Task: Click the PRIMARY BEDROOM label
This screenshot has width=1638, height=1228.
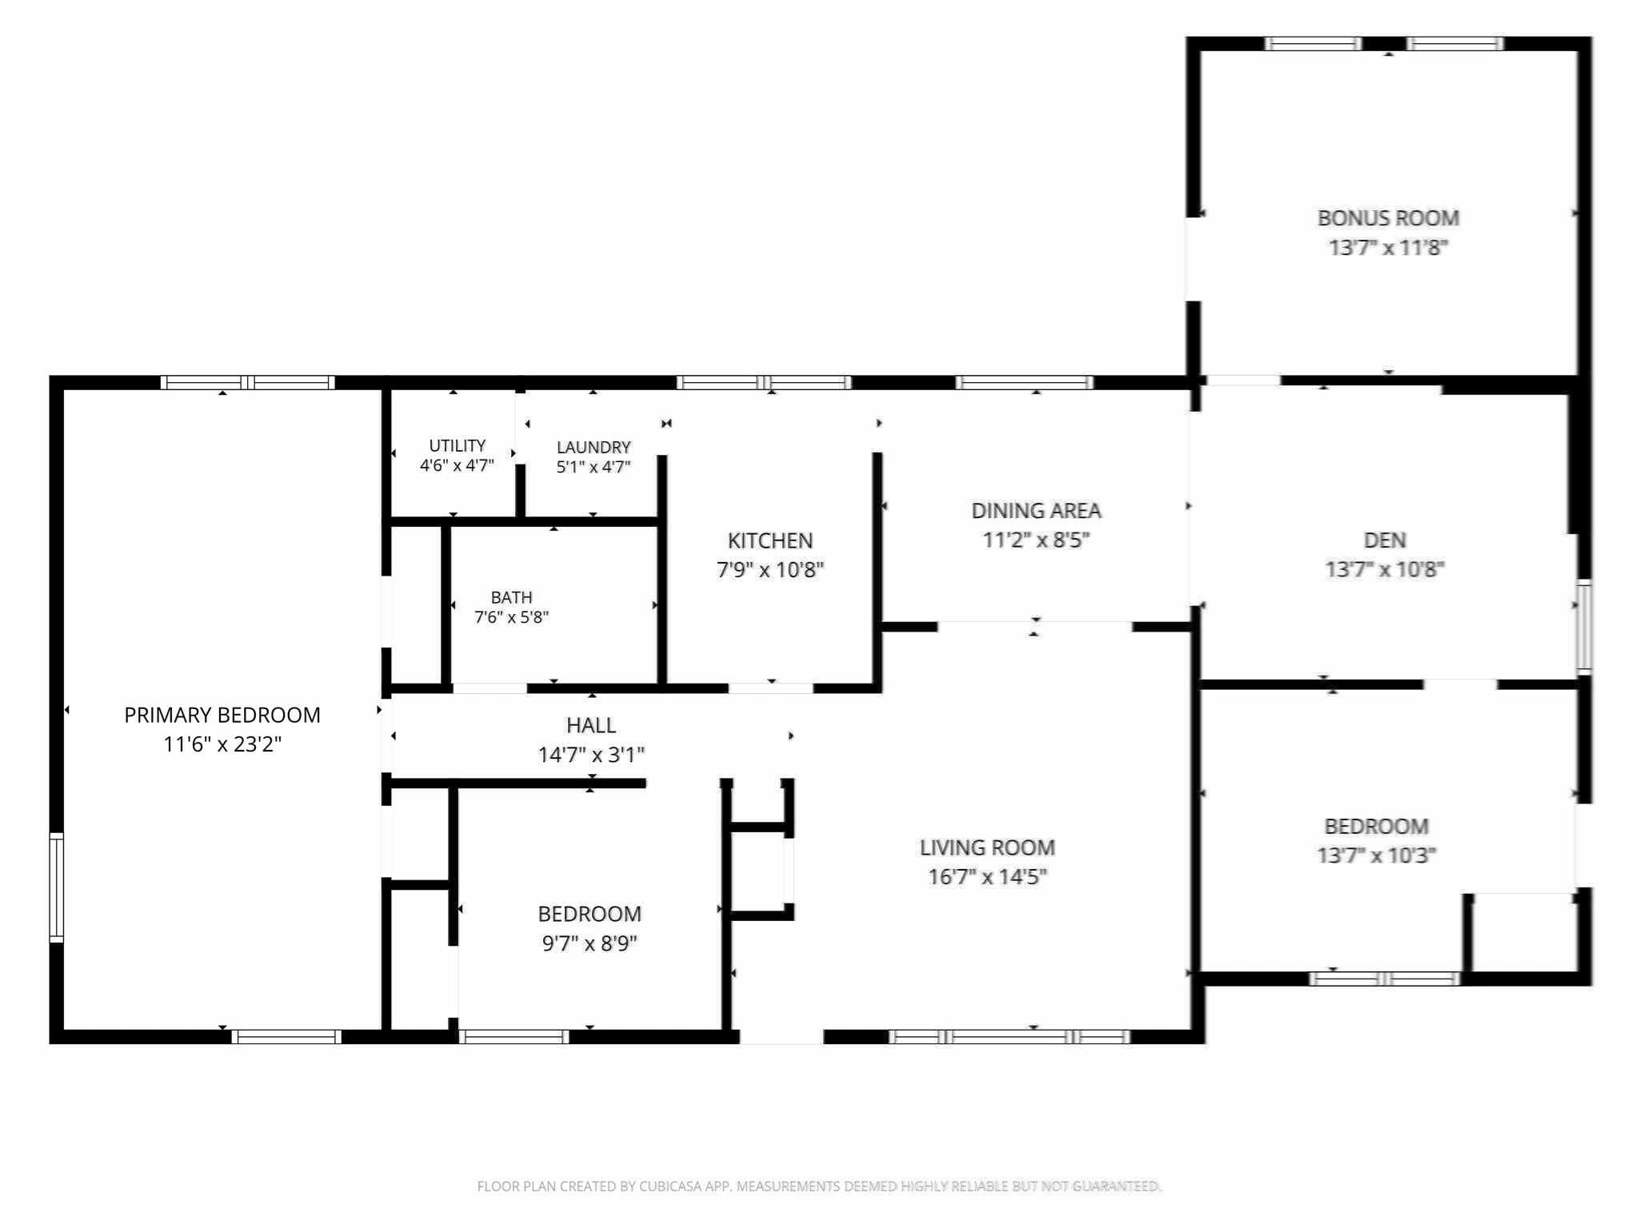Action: point(222,715)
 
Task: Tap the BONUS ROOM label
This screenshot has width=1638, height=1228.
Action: point(1388,218)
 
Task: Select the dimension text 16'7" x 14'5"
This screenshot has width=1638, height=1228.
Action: point(987,877)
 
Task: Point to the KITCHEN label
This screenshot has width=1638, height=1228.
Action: point(770,541)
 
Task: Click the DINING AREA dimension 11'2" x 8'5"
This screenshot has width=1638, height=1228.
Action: point(1036,540)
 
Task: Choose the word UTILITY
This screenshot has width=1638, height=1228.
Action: point(457,446)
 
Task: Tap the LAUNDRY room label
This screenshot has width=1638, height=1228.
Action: point(593,448)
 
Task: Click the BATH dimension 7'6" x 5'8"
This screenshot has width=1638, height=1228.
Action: point(512,617)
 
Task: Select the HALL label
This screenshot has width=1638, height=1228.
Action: point(591,726)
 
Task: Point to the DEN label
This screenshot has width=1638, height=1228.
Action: point(1384,540)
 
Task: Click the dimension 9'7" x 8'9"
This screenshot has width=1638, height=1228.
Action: point(589,943)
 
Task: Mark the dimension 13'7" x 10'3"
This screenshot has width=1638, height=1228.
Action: point(1376,855)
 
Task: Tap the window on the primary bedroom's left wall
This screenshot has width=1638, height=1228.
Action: point(56,887)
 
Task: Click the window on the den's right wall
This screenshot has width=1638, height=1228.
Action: point(1584,627)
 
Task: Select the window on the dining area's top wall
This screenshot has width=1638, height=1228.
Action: point(1024,382)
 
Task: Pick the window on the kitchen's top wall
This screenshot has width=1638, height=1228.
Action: point(764,382)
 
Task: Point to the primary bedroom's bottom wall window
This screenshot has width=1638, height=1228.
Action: point(286,1037)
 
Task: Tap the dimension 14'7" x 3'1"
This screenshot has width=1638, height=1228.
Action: point(591,755)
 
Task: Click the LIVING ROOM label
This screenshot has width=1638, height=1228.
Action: point(987,847)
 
